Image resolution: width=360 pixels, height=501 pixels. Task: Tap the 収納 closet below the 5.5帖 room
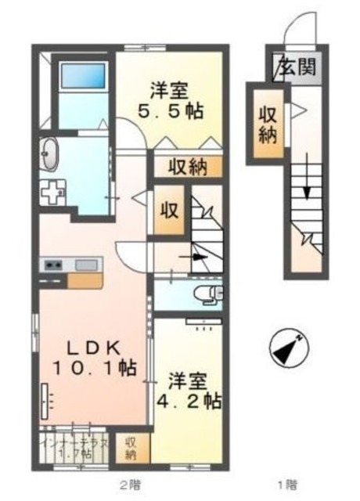pos(187,166)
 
